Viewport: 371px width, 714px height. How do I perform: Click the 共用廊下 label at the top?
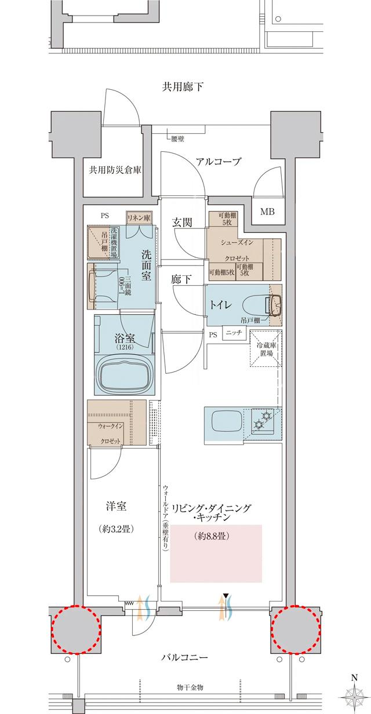(x=183, y=88)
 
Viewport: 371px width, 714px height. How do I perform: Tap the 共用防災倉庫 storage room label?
(x=115, y=170)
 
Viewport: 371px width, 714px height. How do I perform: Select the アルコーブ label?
(x=218, y=162)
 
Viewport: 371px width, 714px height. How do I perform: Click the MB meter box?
(x=267, y=212)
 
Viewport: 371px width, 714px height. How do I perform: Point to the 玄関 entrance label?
(x=183, y=223)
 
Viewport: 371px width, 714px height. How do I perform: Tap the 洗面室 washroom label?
(x=147, y=265)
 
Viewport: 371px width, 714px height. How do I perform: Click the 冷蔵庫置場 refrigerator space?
(x=265, y=348)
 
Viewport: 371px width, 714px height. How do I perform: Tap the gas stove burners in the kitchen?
(x=264, y=420)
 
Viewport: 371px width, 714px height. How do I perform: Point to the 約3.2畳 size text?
(x=114, y=529)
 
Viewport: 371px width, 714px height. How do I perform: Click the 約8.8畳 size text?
(x=210, y=536)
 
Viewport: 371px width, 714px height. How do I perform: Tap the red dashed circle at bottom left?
(x=77, y=629)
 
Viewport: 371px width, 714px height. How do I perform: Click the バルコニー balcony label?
(x=184, y=658)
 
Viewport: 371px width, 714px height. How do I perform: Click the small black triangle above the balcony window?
(x=226, y=595)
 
